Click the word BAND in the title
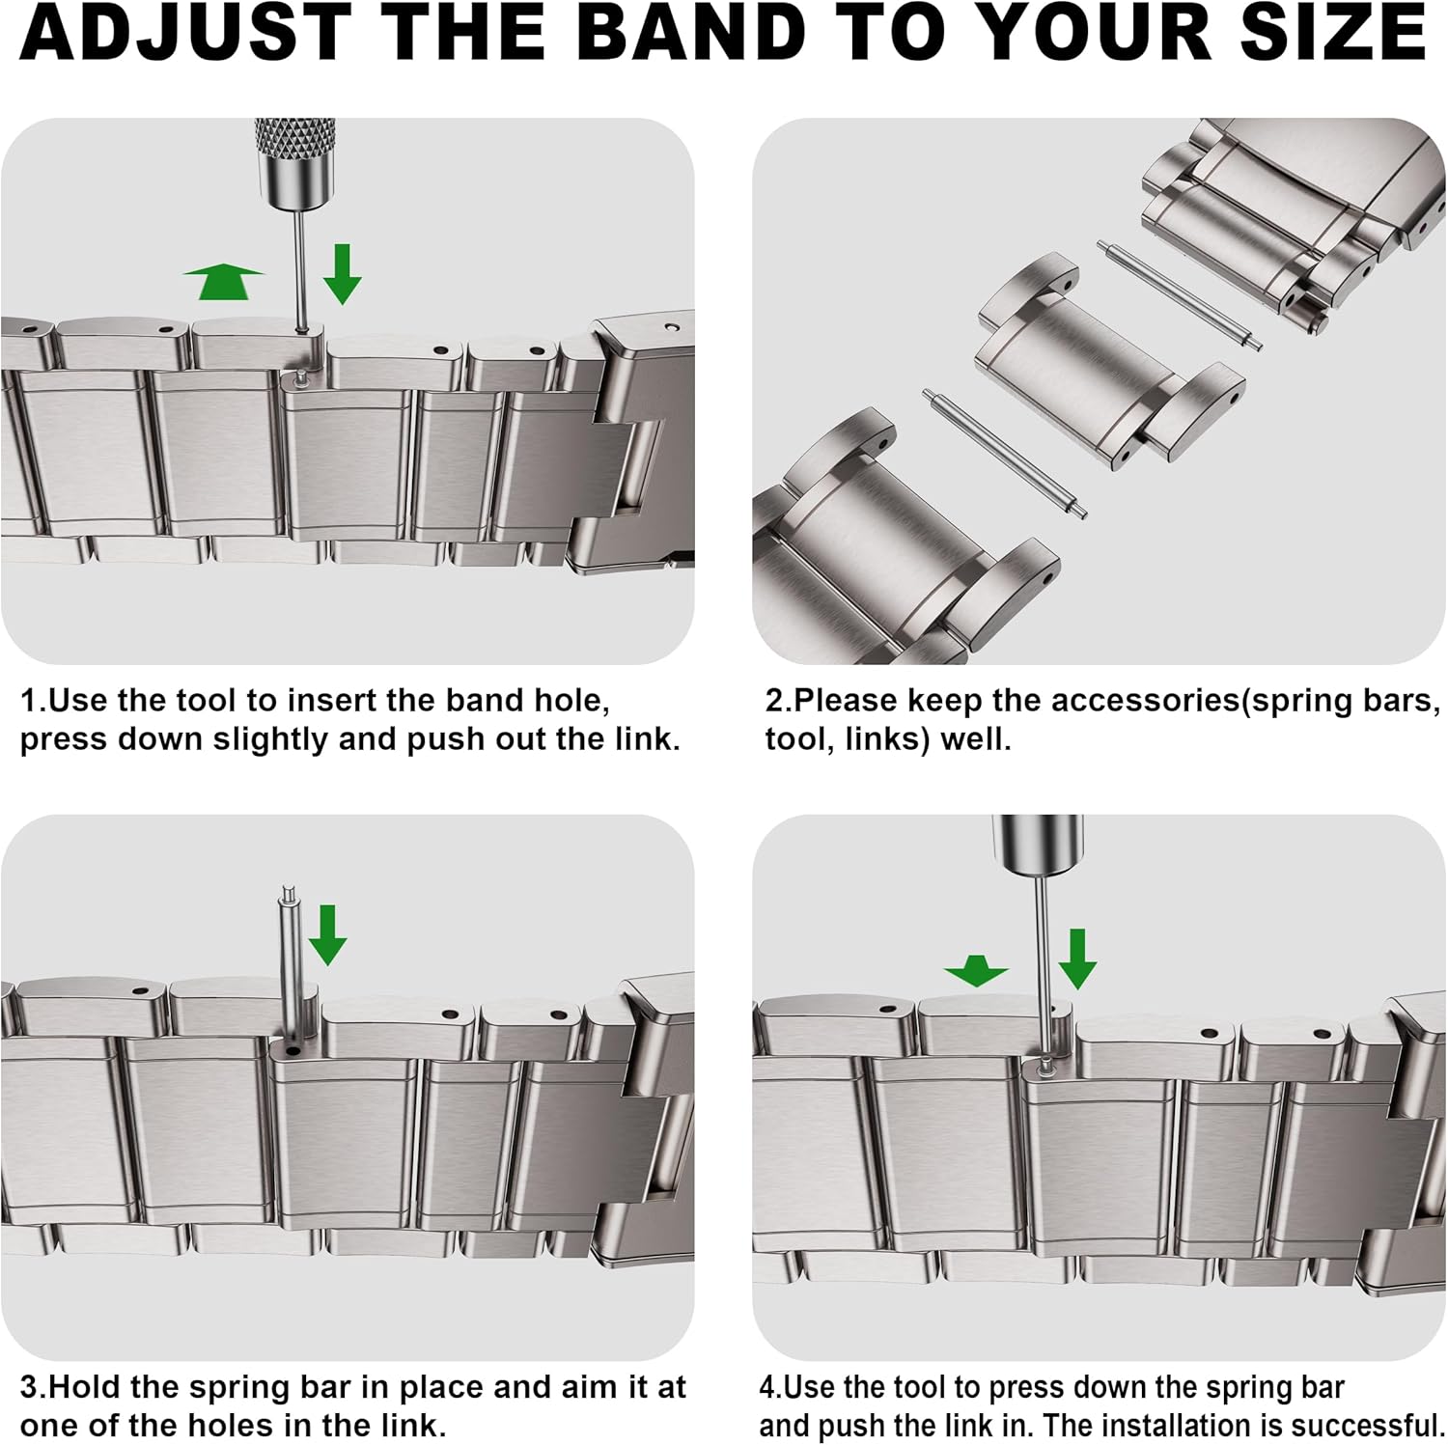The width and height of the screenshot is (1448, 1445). [x=695, y=33]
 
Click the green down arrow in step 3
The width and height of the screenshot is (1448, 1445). [x=327, y=934]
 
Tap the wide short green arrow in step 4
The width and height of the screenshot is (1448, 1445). [x=976, y=970]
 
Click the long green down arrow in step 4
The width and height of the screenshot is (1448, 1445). [x=1076, y=958]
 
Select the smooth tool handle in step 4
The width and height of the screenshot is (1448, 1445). [x=1038, y=844]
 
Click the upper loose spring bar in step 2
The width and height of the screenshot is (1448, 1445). [x=1180, y=296]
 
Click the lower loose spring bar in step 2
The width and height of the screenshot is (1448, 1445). [x=1004, y=453]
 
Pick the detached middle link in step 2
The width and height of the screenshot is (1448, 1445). [x=1108, y=364]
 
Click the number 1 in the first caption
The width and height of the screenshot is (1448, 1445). [x=29, y=701]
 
